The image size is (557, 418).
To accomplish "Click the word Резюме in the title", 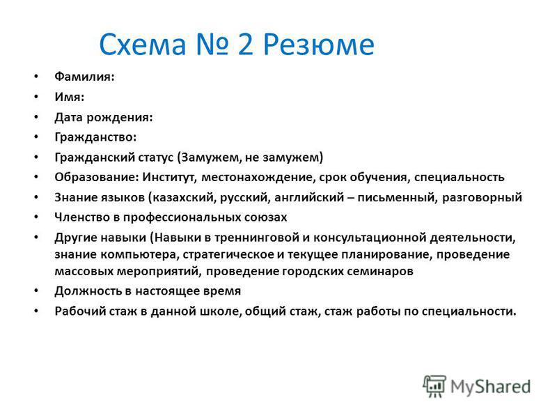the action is pos(319,45).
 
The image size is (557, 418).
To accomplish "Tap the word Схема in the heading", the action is pos(143,45).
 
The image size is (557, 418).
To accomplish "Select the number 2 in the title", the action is pos(246,45).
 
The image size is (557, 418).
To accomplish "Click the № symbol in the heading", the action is pos(212,45).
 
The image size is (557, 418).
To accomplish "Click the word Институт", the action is pos(169,178).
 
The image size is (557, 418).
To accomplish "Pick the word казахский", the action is pos(182,197).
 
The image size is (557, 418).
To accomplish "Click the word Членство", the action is pos(82,217).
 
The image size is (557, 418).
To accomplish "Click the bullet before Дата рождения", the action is pos(36,117).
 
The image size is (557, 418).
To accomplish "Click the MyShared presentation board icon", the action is pos(434,386).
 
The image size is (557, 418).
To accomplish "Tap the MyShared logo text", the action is pos(491,387).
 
